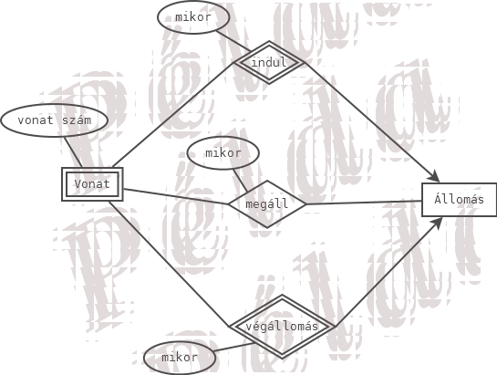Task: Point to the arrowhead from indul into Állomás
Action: coord(435,177)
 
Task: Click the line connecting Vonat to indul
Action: coord(172,115)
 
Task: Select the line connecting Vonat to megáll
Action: coord(176,197)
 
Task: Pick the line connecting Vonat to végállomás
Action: coord(169,264)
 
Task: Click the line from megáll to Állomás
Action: coord(364,203)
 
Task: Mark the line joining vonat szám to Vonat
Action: coord(73,152)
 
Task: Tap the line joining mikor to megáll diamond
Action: coord(241,181)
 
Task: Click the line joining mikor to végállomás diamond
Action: coord(233,347)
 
